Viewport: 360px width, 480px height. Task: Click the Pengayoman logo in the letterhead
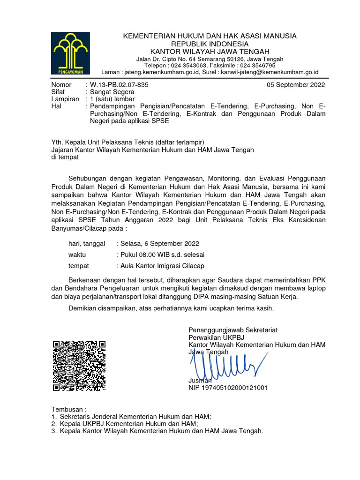point(68,53)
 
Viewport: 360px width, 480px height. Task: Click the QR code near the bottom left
point(79,366)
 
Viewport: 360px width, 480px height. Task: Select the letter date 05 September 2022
point(295,85)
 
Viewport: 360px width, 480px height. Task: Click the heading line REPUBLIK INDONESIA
point(210,44)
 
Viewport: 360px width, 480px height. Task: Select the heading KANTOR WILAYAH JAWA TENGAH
point(210,51)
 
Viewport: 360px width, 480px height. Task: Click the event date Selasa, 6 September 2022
point(159,243)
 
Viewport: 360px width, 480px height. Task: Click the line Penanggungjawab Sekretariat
point(233,330)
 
